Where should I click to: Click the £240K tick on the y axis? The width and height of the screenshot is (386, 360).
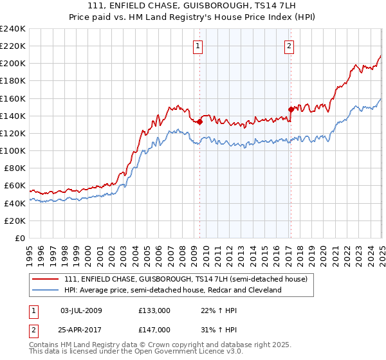pos(13,29)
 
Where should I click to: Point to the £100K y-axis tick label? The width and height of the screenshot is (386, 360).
pos(13,150)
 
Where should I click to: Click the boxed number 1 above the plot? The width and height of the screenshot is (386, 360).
pos(197,46)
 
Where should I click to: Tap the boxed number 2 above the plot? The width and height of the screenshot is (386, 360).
pos(289,46)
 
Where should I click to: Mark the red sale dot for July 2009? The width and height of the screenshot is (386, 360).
pos(200,122)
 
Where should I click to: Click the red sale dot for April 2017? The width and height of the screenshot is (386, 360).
pos(291,109)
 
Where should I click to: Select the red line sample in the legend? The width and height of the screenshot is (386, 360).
pos(46,279)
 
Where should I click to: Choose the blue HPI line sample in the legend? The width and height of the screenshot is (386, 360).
pos(46,290)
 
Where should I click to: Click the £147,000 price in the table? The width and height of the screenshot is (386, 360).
pos(154,329)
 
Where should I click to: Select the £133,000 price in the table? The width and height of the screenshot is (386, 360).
pos(154,310)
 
